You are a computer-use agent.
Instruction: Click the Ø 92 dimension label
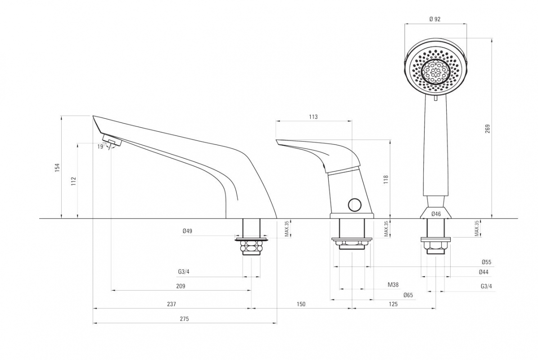point(435,19)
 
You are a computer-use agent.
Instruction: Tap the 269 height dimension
point(488,129)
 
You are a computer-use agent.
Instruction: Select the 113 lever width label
point(313,117)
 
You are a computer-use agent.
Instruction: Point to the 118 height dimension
point(386,180)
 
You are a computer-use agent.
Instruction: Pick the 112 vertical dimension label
point(73,181)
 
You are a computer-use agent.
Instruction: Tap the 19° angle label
point(100,146)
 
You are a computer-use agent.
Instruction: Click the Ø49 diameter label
point(187,231)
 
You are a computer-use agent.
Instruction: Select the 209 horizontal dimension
point(181,286)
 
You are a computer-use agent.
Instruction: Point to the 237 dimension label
point(171,304)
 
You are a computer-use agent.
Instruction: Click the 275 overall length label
point(184,319)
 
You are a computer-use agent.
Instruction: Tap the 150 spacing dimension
point(301,304)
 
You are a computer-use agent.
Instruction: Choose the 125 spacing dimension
point(393,304)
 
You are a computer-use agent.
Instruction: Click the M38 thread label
point(393,285)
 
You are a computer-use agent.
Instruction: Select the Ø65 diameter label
point(408,295)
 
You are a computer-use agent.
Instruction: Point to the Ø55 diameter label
point(486,262)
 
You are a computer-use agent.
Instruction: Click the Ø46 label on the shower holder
point(436,214)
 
